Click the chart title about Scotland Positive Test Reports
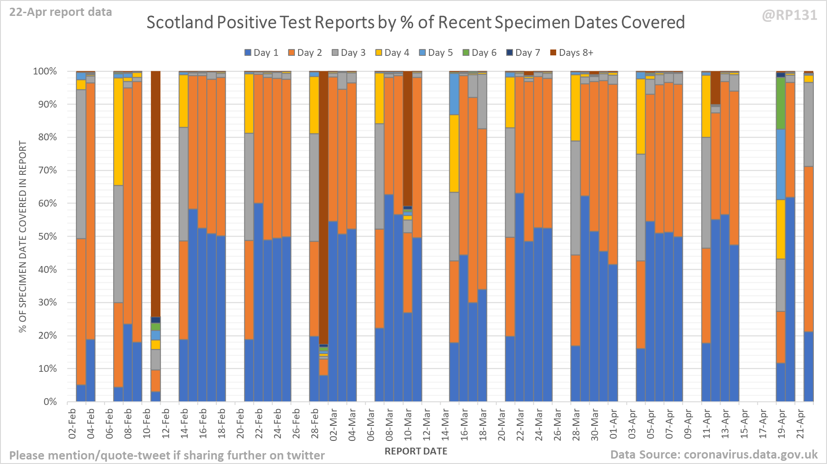coord(415,22)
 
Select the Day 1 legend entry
coord(261,53)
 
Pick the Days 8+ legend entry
coord(572,53)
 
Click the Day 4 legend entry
coord(392,53)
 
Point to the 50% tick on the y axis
coord(47,237)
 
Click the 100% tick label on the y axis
coord(45,71)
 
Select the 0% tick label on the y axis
coord(50,402)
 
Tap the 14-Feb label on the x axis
coord(184,424)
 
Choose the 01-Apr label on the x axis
coord(614,424)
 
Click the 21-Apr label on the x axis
coord(801,424)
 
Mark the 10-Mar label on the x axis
coord(408,424)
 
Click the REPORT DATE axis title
coord(416,451)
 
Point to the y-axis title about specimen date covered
coord(23,237)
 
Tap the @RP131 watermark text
coord(789,15)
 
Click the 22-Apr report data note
coord(60,12)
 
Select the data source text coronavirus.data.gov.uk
coord(713,455)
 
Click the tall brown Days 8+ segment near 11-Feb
coord(155,191)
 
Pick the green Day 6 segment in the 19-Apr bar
coord(781,103)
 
